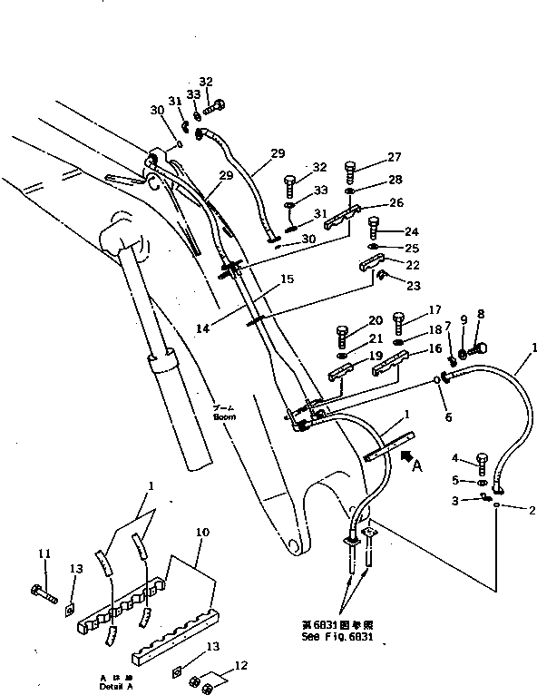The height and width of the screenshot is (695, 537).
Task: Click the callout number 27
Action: [x=395, y=156]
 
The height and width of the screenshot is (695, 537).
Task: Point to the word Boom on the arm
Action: [x=224, y=418]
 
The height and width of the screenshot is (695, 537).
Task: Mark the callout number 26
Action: [x=395, y=202]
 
